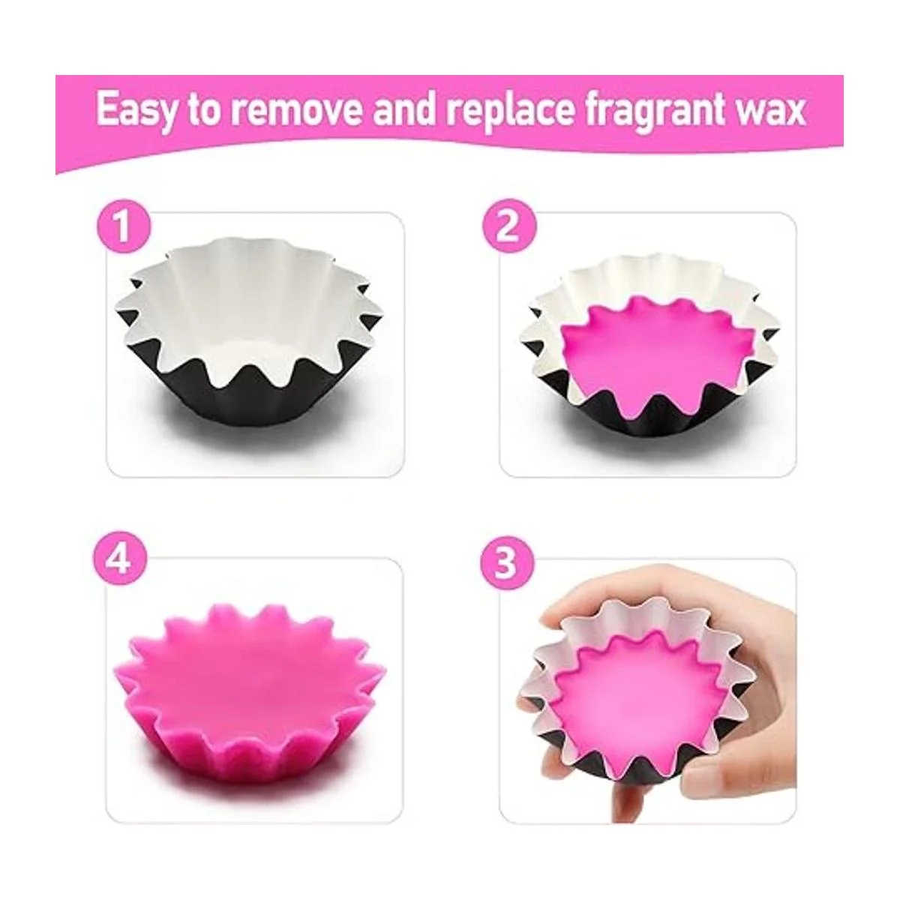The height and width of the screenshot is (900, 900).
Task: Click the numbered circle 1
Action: (124, 227)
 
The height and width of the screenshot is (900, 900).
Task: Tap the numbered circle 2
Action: (509, 227)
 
